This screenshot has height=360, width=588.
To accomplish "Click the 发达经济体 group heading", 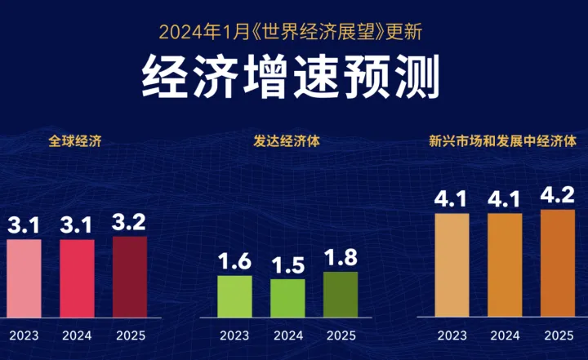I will [287, 140].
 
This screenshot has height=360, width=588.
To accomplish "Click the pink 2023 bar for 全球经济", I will [24, 278].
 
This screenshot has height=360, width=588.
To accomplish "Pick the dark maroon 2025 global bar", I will [130, 277].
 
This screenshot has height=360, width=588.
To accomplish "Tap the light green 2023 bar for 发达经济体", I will [234, 296].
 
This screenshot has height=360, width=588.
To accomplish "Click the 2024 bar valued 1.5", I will [287, 298].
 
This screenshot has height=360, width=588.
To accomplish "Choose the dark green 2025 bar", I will [341, 295].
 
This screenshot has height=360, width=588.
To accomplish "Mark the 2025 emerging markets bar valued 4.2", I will [558, 263].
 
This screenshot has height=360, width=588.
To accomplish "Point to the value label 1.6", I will [234, 262].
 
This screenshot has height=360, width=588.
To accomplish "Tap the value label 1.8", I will [341, 259].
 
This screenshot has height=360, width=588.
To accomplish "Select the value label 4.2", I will [558, 196].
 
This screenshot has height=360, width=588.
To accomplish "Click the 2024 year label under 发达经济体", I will [287, 335].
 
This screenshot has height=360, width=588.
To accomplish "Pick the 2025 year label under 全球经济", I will [131, 335].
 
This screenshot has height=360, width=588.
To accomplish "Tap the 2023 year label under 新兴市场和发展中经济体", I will [452, 335].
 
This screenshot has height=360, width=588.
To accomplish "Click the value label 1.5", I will [287, 265].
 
